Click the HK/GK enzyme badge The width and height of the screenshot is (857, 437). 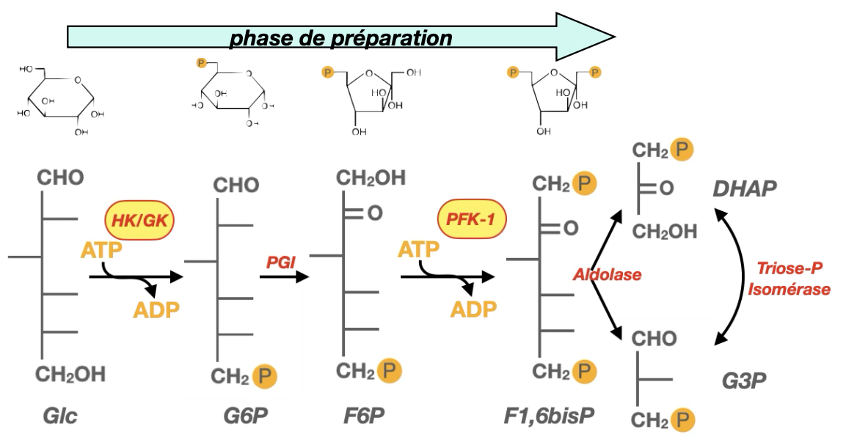click(144, 218)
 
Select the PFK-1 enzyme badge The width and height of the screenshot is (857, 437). click(472, 218)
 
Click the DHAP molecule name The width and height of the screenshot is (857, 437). click(745, 190)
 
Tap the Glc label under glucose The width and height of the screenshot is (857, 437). click(59, 416)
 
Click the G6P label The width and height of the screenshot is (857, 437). click(246, 416)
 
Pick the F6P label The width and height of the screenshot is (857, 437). click(364, 416)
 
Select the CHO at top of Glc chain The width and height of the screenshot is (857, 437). click(61, 178)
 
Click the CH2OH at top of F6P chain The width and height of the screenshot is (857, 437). click(371, 178)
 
